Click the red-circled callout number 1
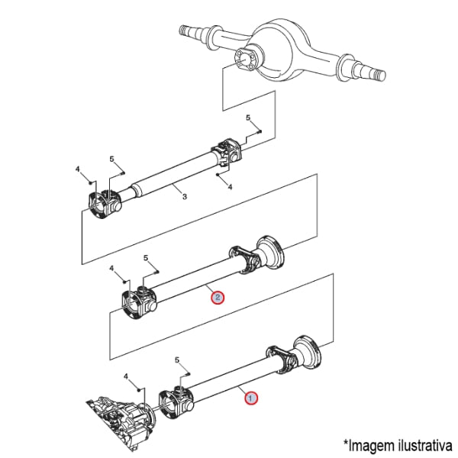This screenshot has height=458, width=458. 251,398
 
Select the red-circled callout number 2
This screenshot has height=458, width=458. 218,298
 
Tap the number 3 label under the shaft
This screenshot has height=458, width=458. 185,197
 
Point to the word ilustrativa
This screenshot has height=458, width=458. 425,446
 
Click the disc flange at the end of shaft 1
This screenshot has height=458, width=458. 308,351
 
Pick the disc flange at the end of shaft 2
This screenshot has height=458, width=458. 270,251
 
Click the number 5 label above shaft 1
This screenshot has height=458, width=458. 177,360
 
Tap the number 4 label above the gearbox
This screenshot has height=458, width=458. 126,376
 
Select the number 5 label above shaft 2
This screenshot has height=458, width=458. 146,258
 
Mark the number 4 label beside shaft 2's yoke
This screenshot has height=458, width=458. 111,268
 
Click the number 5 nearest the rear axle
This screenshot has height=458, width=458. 248,118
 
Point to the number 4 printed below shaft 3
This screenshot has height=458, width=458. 230,186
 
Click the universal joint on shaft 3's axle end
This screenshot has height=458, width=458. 227,153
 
